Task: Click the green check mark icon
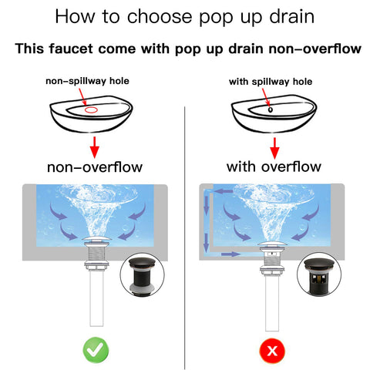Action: [x=96, y=350]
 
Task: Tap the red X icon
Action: [x=272, y=351]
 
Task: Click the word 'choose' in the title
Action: [x=160, y=17]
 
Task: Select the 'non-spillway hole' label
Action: [x=87, y=81]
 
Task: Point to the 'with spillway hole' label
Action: [x=271, y=82]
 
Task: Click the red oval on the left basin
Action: [x=91, y=110]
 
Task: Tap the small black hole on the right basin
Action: [x=270, y=109]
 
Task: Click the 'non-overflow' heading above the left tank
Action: [x=95, y=167]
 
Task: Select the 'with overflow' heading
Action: [x=274, y=166]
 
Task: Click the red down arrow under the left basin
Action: [x=95, y=147]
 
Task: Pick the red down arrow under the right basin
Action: [x=274, y=148]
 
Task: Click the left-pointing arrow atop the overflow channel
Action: [x=224, y=191]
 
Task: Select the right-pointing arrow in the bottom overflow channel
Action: [x=230, y=254]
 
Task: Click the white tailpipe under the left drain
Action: [x=96, y=298]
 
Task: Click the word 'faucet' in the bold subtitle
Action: [x=71, y=49]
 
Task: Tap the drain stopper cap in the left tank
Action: [x=96, y=240]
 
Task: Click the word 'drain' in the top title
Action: [x=292, y=17]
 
